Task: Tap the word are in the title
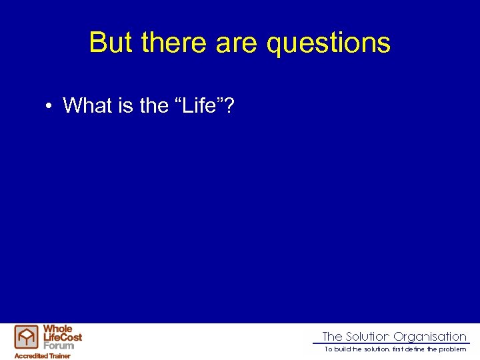pyautogui.click(x=237, y=43)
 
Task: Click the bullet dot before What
pyautogui.click(x=50, y=105)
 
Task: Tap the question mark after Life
pyautogui.click(x=228, y=105)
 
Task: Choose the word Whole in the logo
pyautogui.click(x=57, y=329)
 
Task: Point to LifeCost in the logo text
pyautogui.click(x=62, y=337)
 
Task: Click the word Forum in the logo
pyautogui.click(x=59, y=345)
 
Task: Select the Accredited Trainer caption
pyautogui.click(x=43, y=355)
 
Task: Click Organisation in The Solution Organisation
pyautogui.click(x=429, y=337)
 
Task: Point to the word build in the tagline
pyautogui.click(x=343, y=349)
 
